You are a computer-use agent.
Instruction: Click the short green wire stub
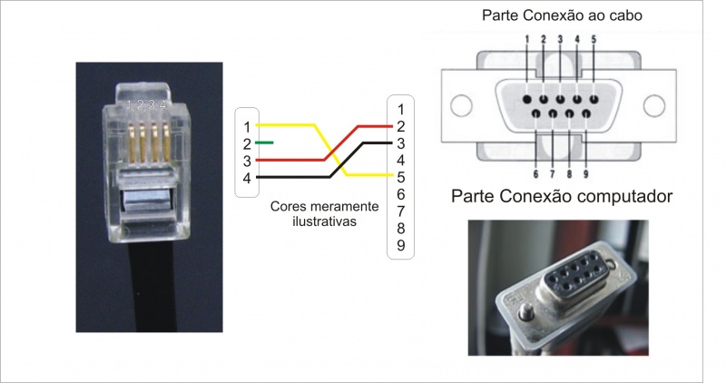[264, 142]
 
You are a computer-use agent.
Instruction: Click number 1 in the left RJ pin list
[245, 125]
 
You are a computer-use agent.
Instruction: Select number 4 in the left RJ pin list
[245, 178]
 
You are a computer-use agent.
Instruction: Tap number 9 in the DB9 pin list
[400, 245]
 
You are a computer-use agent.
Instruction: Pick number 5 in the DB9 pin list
[400, 177]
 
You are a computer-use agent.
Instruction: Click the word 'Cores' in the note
[286, 206]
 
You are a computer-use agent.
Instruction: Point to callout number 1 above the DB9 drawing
[526, 39]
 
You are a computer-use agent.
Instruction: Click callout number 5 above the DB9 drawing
[594, 39]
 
